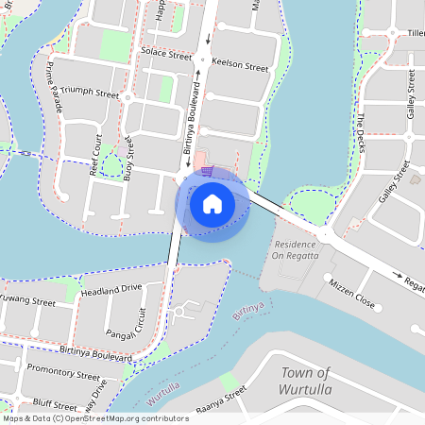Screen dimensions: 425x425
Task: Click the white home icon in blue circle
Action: (212, 203)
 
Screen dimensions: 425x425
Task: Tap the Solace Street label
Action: (165, 56)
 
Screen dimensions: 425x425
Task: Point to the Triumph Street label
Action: (91, 94)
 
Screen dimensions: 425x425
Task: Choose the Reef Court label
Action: (95, 155)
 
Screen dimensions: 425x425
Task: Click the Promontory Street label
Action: (63, 370)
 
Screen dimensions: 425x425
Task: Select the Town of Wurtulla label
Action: (305, 381)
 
